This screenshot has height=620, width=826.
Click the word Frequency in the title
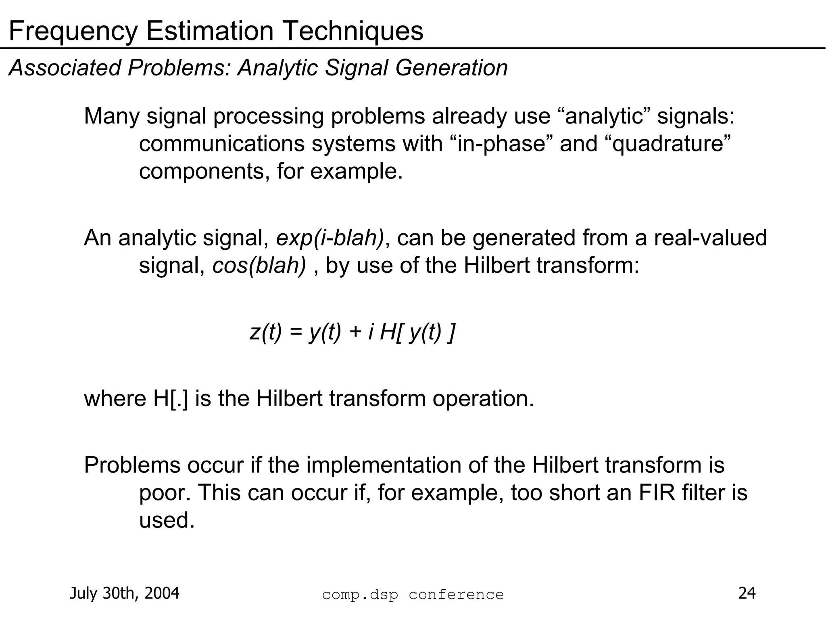[x=73, y=31]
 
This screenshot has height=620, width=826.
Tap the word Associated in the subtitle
[x=65, y=67]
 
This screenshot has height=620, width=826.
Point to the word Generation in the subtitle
[x=451, y=67]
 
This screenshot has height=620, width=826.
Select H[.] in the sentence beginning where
[x=171, y=399]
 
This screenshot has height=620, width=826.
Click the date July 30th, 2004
[x=125, y=593]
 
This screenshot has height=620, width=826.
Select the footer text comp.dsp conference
[x=413, y=595]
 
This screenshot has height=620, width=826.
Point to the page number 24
[x=747, y=593]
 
